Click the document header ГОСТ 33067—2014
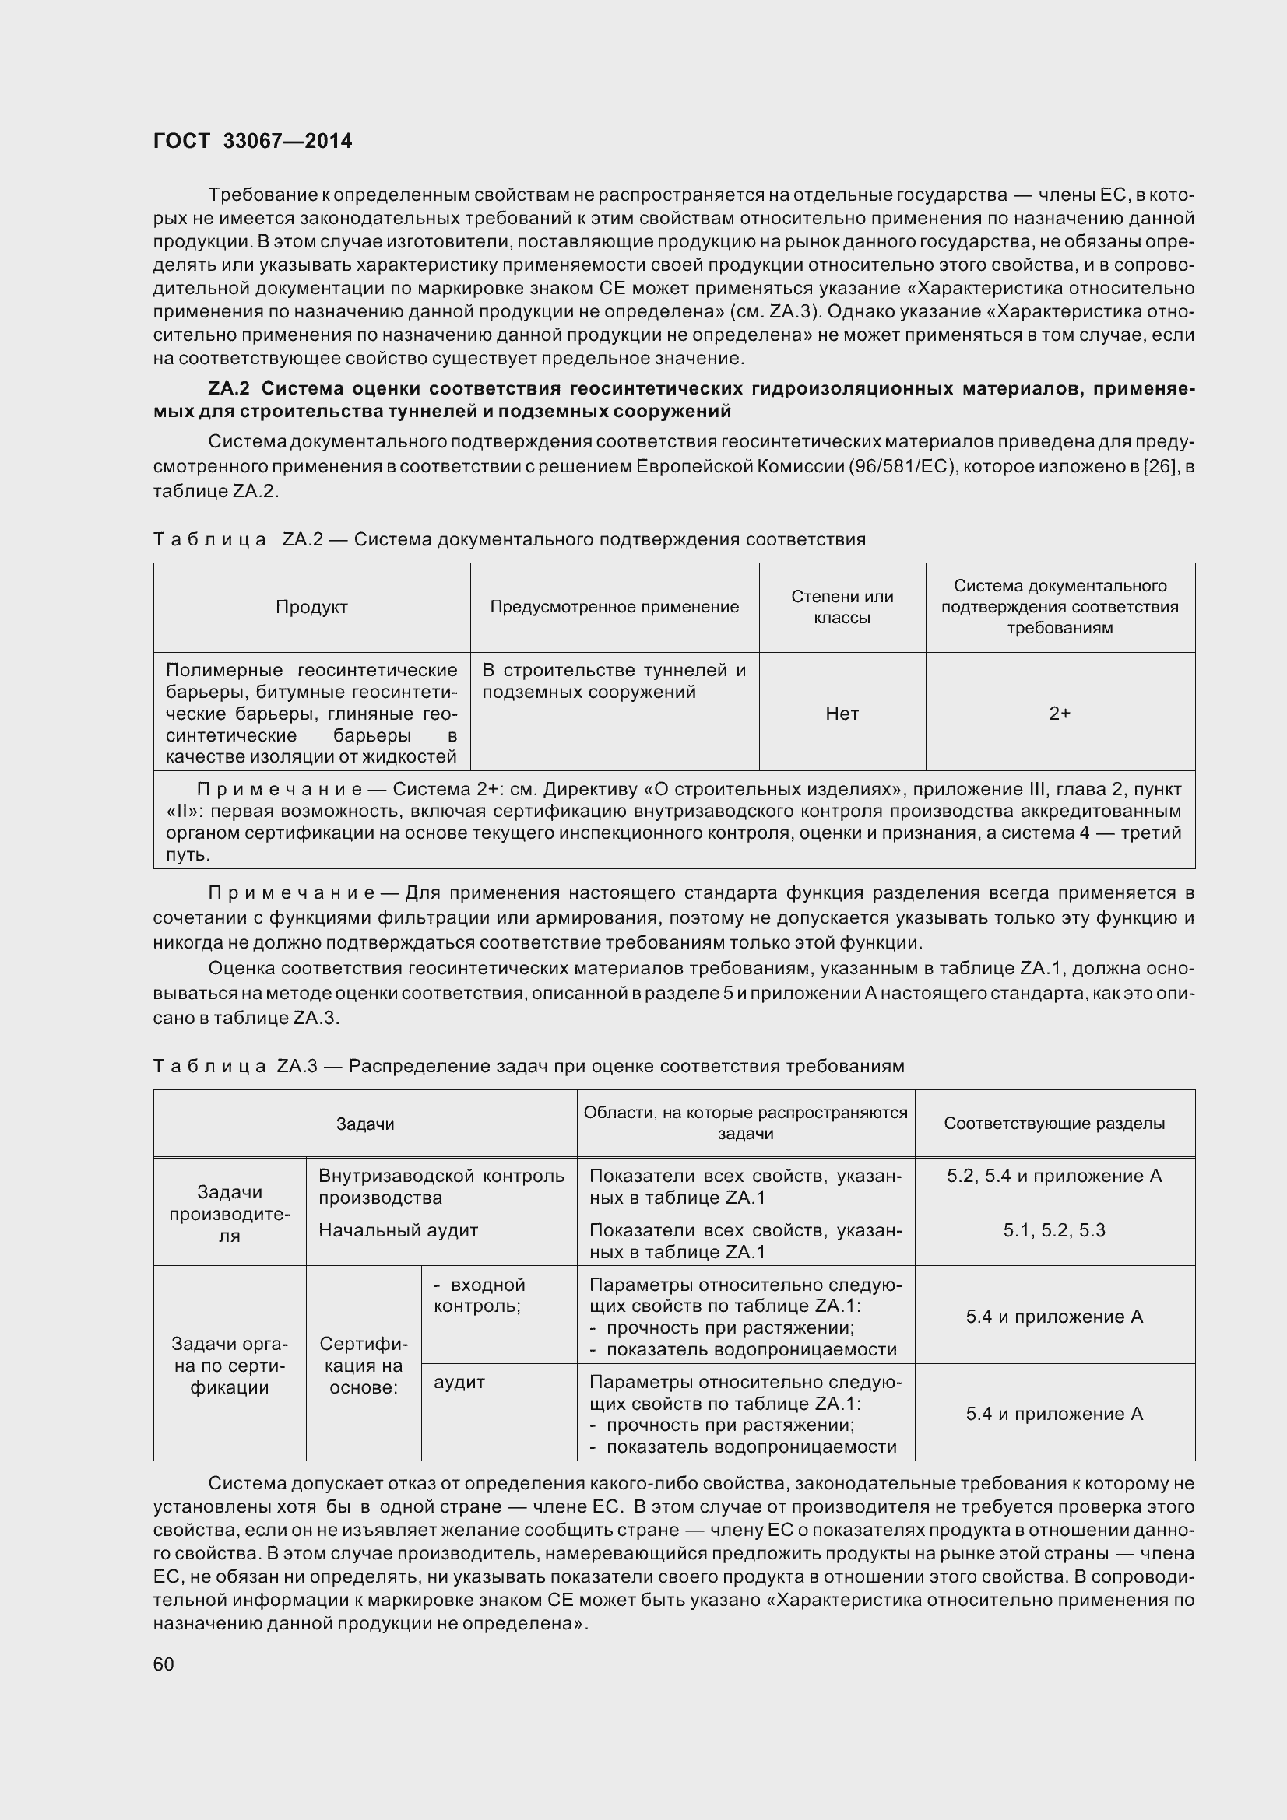pyautogui.click(x=252, y=141)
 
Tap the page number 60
pyautogui.click(x=164, y=1664)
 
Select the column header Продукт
pyautogui.click(x=311, y=607)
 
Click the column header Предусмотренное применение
pyautogui.click(x=614, y=607)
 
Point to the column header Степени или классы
pyautogui.click(x=842, y=607)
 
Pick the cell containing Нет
pyautogui.click(x=842, y=714)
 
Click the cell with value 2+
pyautogui.click(x=1060, y=714)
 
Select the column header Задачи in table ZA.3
pyautogui.click(x=365, y=1124)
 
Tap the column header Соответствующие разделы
pyautogui.click(x=1054, y=1124)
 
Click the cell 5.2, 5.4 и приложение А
pyautogui.click(x=1054, y=1177)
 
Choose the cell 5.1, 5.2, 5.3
pyautogui.click(x=1054, y=1231)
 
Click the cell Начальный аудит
pyautogui.click(x=398, y=1231)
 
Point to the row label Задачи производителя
pyautogui.click(x=229, y=1214)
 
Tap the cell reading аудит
pyautogui.click(x=459, y=1383)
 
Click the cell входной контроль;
pyautogui.click(x=478, y=1296)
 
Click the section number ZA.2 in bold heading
pyautogui.click(x=229, y=389)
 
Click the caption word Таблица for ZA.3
pyautogui.click(x=209, y=1067)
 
